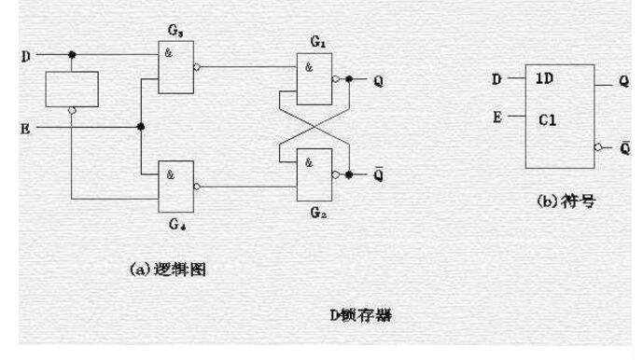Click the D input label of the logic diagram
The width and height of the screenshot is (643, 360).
pos(25,55)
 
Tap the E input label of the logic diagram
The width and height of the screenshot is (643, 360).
pos(25,127)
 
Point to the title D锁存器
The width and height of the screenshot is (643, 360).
pos(367,315)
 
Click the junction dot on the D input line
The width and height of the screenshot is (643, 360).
pos(72,55)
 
